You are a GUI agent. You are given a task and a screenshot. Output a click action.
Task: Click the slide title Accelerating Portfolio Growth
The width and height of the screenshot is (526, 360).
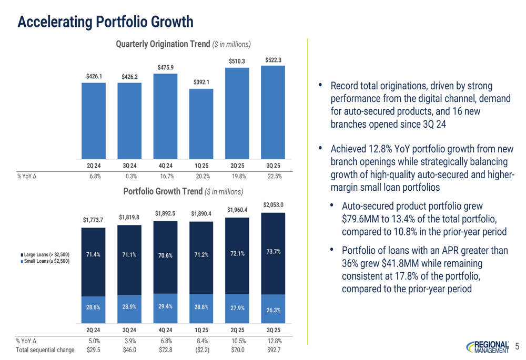click(105, 22)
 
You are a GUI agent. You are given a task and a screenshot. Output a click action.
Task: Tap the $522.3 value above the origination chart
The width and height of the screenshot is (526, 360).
click(274, 60)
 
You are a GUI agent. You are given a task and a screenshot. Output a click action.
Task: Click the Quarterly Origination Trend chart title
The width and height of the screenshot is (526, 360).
click(182, 44)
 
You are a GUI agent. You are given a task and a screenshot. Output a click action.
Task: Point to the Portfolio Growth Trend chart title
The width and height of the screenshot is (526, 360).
click(183, 192)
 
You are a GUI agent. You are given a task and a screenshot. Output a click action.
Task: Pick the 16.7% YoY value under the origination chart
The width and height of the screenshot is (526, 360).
click(165, 177)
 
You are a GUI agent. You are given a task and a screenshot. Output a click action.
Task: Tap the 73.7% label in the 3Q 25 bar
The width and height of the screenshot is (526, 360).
click(274, 252)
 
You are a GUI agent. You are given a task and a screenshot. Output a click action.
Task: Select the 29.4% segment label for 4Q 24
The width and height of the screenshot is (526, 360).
click(165, 305)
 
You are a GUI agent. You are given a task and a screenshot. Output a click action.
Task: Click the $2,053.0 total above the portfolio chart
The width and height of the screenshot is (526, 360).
click(274, 204)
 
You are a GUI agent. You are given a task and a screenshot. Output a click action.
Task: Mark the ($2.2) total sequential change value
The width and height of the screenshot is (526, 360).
click(201, 349)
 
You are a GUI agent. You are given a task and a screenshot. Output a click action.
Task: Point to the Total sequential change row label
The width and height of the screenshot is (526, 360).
click(43, 349)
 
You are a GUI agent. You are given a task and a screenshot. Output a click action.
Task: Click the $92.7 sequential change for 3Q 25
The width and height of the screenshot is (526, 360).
click(274, 349)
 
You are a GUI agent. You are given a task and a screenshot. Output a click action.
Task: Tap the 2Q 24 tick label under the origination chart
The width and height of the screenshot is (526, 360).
click(94, 166)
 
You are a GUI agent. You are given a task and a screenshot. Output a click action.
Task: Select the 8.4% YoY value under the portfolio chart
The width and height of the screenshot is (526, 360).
click(201, 341)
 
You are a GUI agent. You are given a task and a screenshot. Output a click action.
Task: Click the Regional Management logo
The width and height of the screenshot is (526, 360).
click(487, 346)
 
